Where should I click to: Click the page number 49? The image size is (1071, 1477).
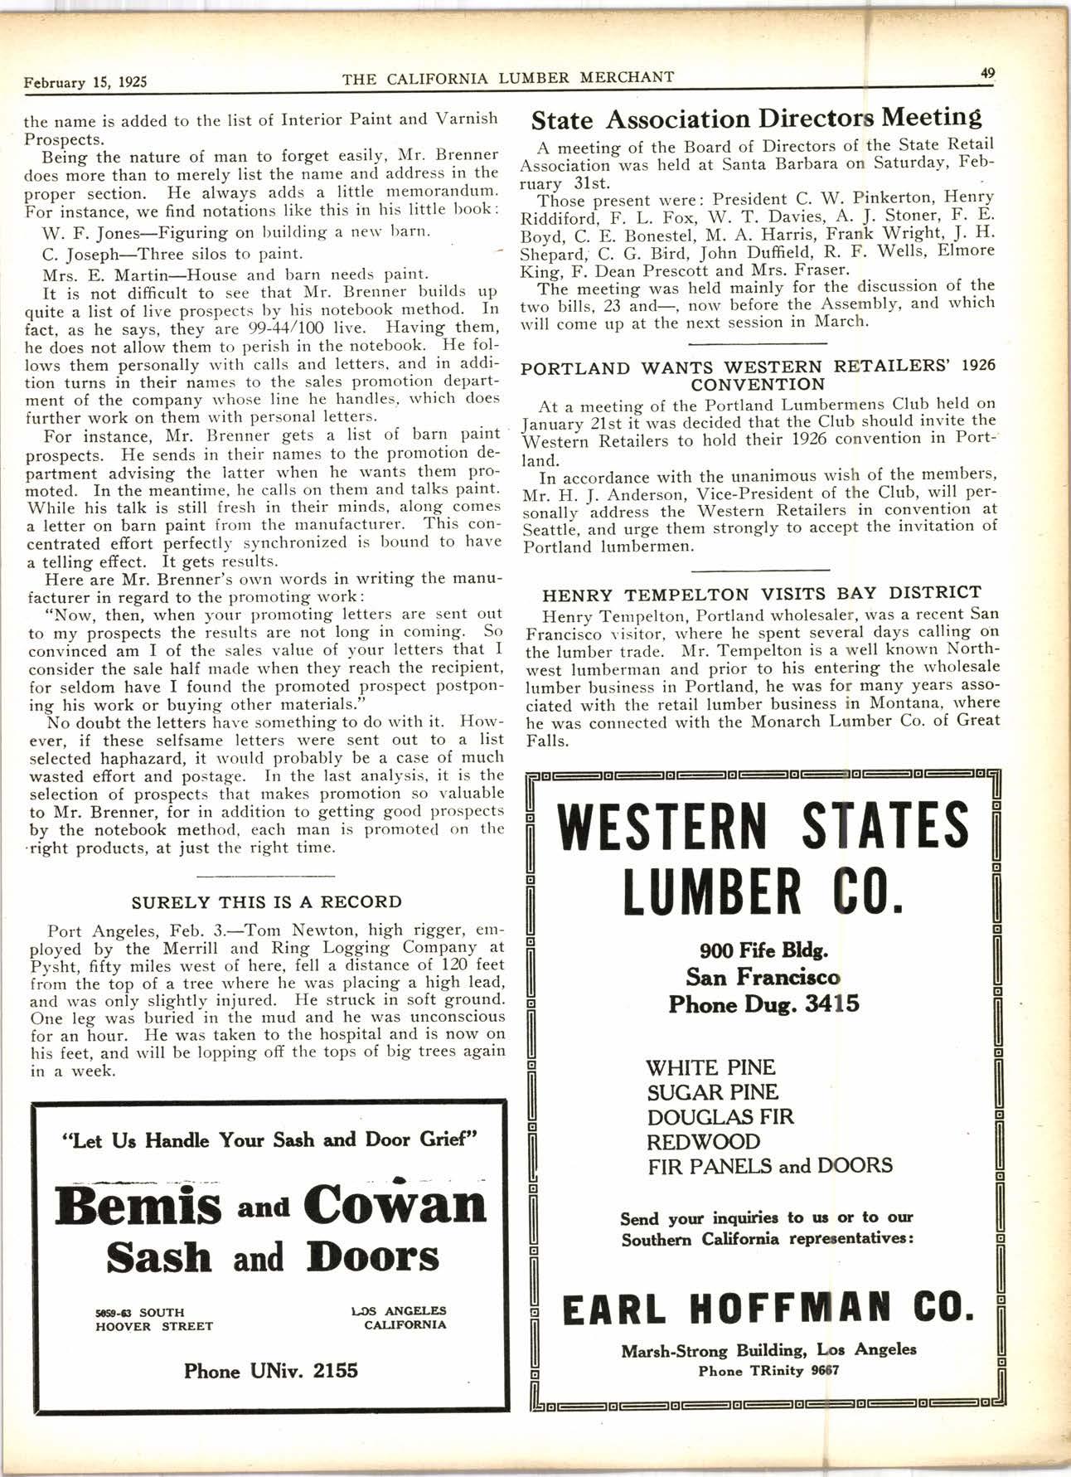(987, 72)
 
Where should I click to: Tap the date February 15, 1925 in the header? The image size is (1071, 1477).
(86, 82)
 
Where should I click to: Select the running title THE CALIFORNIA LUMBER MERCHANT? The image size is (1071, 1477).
(507, 78)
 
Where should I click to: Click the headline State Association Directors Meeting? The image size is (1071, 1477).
(756, 118)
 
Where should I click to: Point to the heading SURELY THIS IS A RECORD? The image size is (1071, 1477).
(267, 901)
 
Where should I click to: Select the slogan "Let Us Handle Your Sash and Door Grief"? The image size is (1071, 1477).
(270, 1139)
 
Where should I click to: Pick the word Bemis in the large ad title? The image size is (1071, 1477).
(138, 1207)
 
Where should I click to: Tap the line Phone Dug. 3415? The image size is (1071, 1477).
(763, 1004)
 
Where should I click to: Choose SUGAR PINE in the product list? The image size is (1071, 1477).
(712, 1092)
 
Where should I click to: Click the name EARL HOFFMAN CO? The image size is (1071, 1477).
(763, 1310)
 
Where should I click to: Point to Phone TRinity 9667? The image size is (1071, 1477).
(768, 1370)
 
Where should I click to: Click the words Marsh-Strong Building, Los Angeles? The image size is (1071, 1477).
(768, 1349)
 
